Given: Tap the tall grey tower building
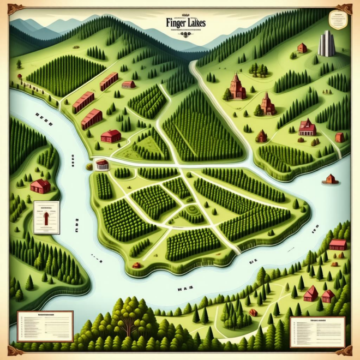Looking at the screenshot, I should click(326, 43).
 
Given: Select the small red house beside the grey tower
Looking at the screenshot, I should click(302, 48).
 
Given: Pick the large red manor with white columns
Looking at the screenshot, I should click(307, 127).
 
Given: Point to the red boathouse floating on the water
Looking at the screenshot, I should click(329, 179).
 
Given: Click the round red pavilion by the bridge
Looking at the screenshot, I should click(102, 164).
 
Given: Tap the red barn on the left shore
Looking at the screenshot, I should click(40, 186).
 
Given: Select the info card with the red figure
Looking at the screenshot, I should click(46, 217).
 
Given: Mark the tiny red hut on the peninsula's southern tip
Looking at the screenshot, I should click(137, 266).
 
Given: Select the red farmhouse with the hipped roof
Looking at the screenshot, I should click(111, 135).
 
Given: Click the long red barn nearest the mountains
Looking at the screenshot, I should click(109, 81).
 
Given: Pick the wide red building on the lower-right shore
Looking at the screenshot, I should click(338, 244).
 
